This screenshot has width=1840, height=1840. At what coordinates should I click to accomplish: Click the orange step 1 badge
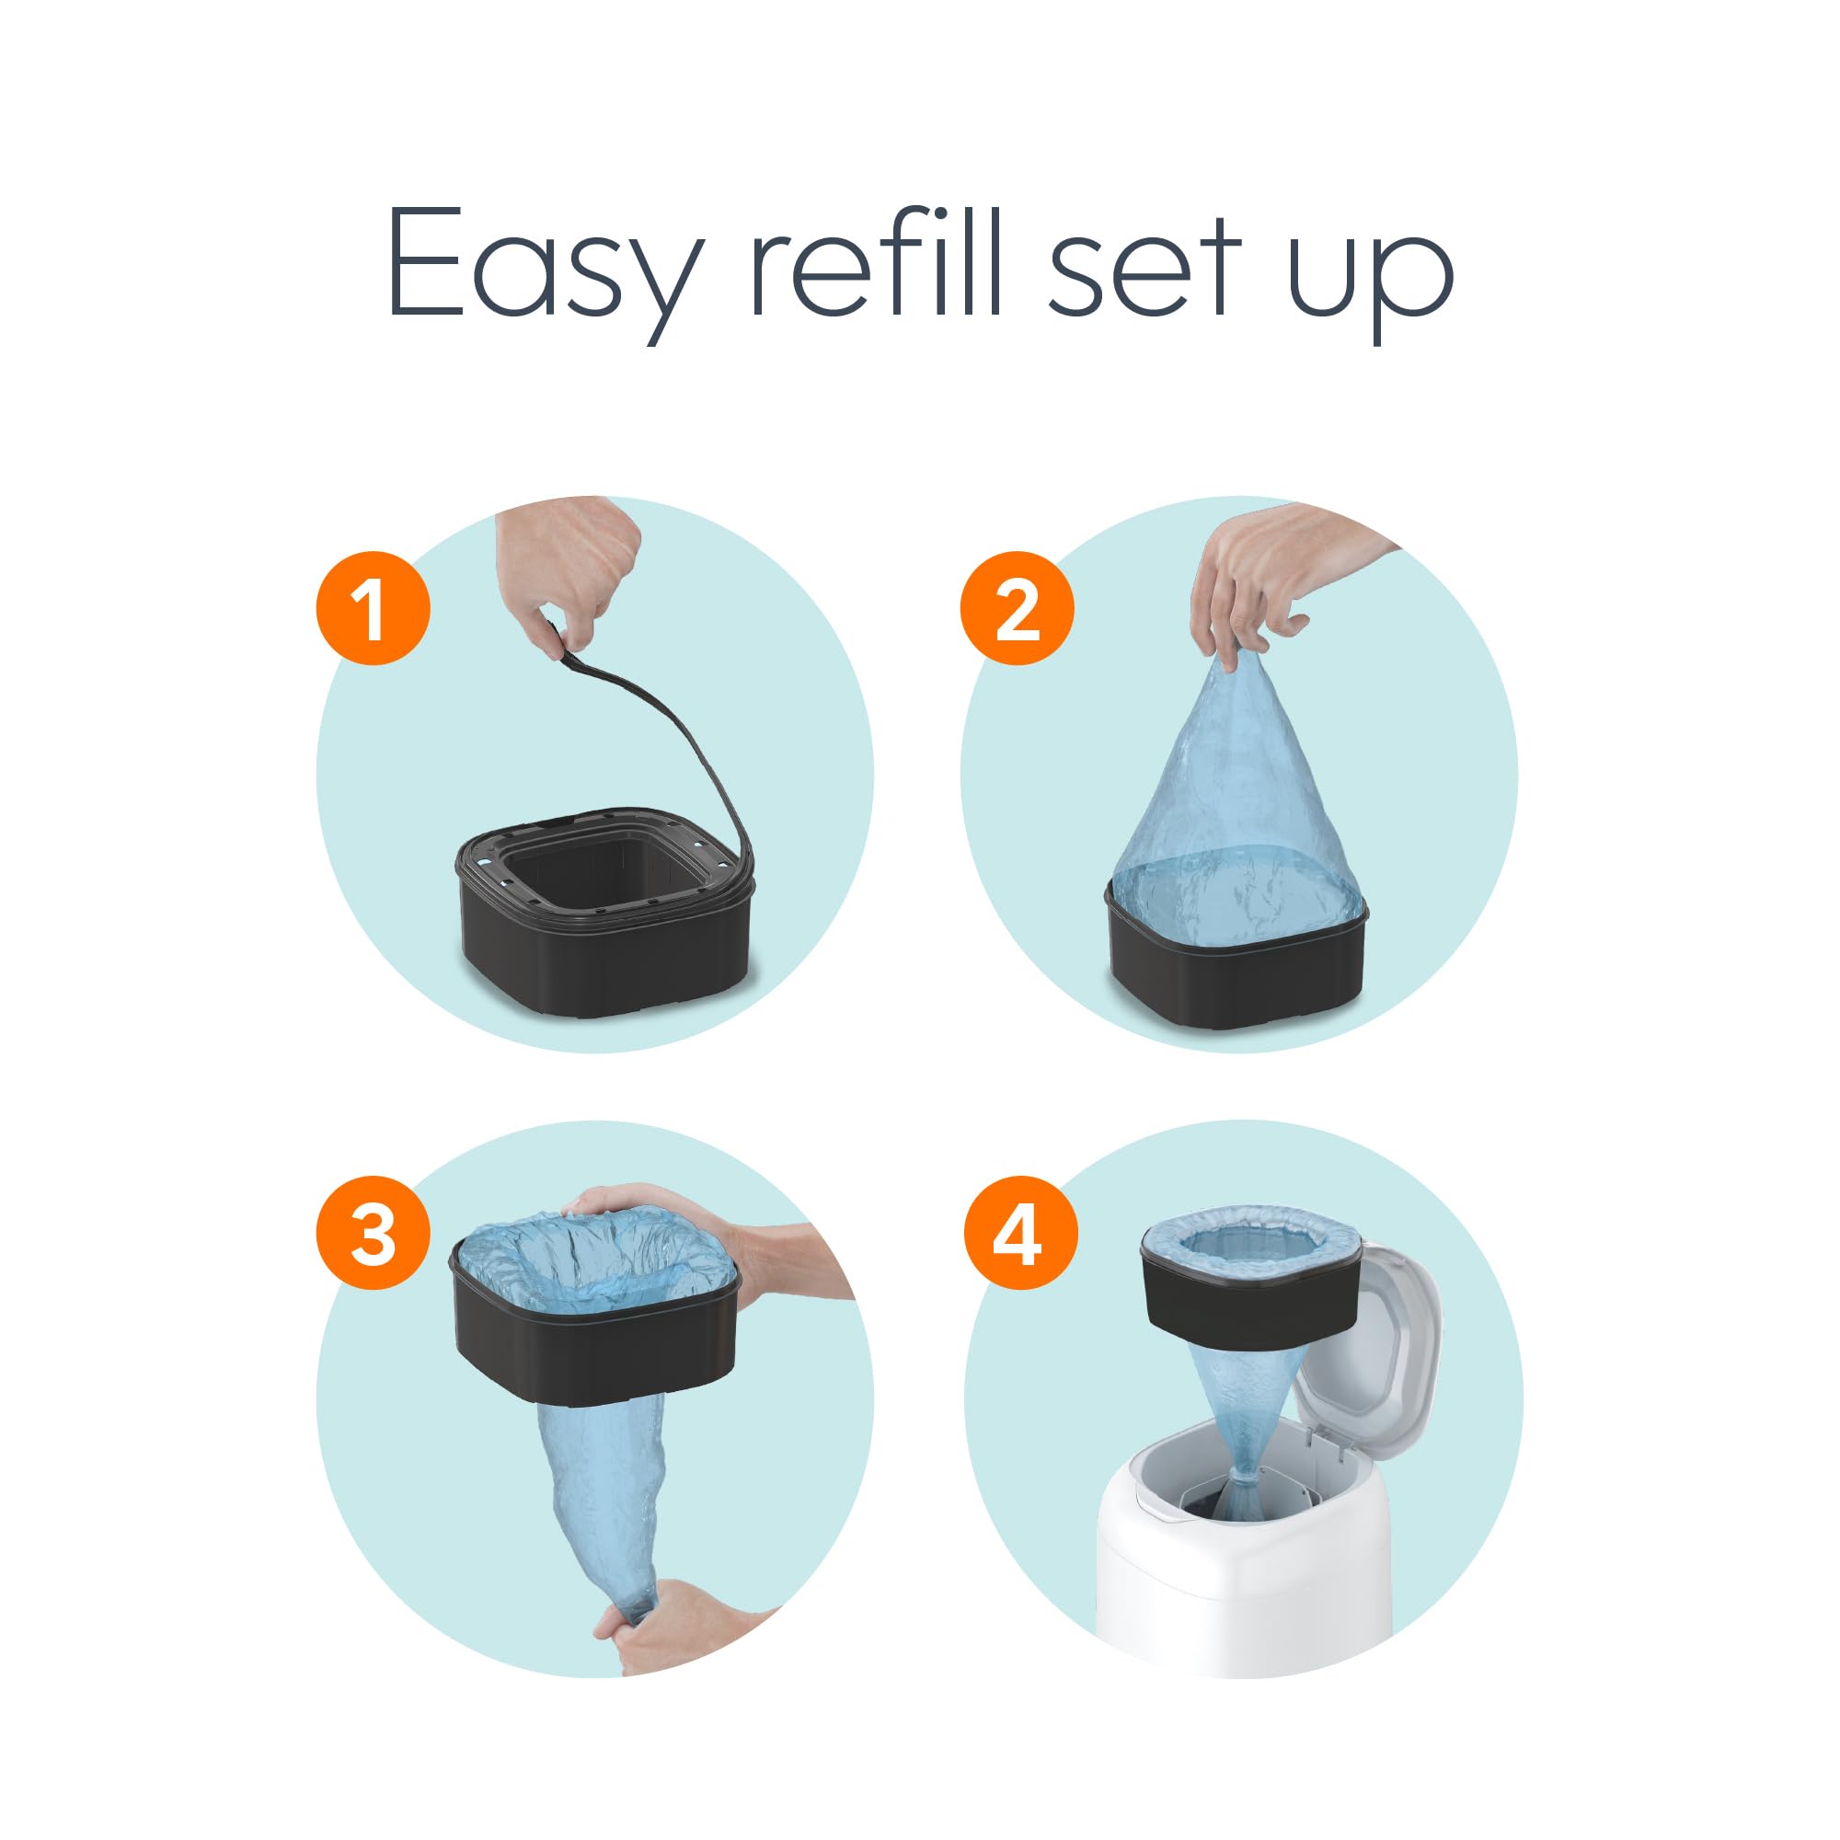point(373,607)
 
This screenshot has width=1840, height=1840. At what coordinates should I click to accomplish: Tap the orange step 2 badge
point(1017,607)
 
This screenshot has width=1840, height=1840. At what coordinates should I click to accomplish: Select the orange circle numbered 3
point(373,1234)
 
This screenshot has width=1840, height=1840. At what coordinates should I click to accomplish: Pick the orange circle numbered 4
point(1020,1234)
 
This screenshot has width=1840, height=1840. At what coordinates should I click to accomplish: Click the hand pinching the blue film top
point(1267,581)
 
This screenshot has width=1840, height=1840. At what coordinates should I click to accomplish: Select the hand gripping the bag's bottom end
point(685,1628)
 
